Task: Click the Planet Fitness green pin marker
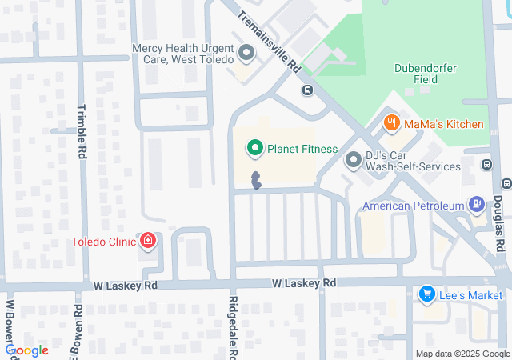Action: click(x=255, y=148)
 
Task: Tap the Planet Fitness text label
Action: click(x=302, y=149)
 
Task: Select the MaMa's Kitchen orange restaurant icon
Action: click(x=391, y=123)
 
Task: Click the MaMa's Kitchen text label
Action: click(x=443, y=124)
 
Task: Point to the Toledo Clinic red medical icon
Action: click(x=147, y=239)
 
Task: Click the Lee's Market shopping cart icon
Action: click(x=426, y=294)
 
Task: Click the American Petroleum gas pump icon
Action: click(x=477, y=205)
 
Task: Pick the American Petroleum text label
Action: click(x=413, y=206)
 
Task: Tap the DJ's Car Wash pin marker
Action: click(x=354, y=161)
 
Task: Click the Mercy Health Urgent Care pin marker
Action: click(x=246, y=54)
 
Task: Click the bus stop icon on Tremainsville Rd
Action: click(x=307, y=90)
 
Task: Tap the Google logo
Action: click(x=27, y=350)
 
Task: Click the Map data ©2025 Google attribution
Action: click(x=462, y=354)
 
